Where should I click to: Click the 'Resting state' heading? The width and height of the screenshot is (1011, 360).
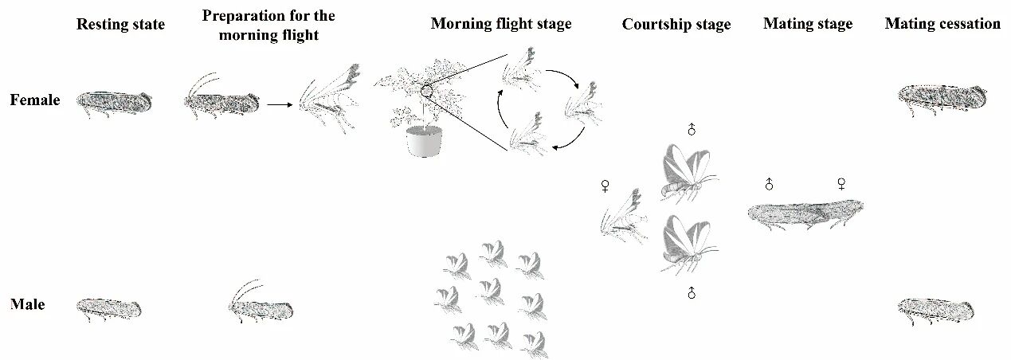120,25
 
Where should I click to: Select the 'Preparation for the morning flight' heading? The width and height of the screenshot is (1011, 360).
268,25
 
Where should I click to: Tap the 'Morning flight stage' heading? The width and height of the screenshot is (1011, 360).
501,24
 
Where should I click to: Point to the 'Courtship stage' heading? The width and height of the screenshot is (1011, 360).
676,25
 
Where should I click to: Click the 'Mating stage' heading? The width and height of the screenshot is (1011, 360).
808,24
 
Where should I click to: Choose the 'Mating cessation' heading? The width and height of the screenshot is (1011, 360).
942,23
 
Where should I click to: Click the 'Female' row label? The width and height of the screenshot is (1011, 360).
35,100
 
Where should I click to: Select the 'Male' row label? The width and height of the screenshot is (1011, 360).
28,304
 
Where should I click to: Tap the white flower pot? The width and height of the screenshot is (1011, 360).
424,141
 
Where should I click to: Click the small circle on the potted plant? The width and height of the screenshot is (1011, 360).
426,92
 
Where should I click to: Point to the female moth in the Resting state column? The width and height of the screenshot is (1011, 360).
114,104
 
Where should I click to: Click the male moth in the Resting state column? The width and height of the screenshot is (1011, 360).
108,310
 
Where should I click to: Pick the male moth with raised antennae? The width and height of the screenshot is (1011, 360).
261,302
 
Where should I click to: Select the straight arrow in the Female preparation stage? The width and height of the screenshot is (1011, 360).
280,104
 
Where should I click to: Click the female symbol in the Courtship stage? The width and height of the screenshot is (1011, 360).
605,186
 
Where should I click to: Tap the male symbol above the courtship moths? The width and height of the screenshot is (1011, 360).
692,129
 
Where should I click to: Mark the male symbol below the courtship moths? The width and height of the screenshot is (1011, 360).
692,293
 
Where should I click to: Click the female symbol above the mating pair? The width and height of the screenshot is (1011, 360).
841,184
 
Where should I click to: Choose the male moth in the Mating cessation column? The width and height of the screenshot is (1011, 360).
935,311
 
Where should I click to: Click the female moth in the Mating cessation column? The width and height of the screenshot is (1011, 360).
942,99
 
